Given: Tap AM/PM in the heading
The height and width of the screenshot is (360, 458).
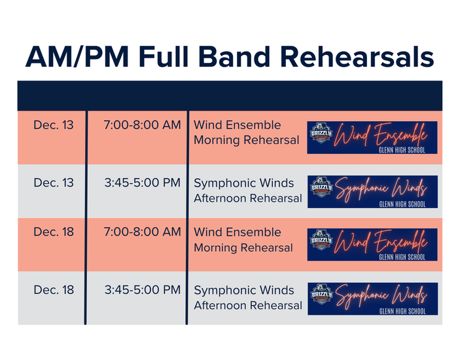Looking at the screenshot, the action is (77, 57).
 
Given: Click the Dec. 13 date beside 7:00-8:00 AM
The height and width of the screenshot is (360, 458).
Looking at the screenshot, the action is (54, 125).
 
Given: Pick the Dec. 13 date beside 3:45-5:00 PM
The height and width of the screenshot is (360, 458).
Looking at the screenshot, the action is (54, 183).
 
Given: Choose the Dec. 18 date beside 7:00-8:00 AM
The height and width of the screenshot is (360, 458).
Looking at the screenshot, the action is (54, 232).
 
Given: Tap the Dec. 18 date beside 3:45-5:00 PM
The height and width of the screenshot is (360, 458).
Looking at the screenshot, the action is (54, 290).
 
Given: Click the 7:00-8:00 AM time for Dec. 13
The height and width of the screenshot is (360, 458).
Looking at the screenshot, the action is (142, 125).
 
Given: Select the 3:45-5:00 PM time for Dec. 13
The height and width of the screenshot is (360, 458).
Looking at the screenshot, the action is (143, 183).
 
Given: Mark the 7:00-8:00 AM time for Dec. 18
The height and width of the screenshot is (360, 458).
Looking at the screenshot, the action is (142, 232).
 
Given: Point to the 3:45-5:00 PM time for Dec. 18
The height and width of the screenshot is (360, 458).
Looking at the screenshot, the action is (143, 290).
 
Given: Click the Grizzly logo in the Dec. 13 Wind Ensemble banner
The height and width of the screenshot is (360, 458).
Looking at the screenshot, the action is (321, 133).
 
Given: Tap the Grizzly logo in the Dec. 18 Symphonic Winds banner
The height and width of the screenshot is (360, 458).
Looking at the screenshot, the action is (322, 294).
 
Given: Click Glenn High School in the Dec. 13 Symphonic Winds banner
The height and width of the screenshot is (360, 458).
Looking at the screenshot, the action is (402, 204).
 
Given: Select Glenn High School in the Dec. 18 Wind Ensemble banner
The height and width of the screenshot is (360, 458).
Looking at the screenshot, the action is (402, 257).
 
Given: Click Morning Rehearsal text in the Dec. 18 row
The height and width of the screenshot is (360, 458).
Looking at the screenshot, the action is (243, 248).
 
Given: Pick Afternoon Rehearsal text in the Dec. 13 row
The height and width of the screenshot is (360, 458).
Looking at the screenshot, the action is (248, 198).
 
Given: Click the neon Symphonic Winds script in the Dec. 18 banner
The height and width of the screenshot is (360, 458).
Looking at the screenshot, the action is (381, 296).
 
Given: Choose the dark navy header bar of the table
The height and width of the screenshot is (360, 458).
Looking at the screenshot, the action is (230, 96).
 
